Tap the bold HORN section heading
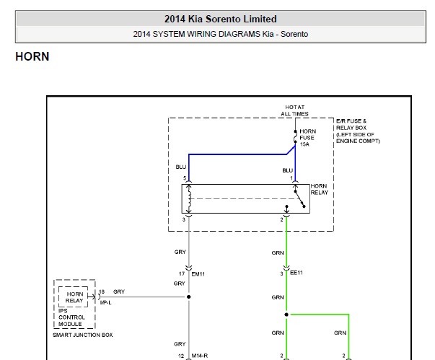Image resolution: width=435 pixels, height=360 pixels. (32, 56)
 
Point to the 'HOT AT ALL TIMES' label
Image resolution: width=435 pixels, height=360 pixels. (295, 110)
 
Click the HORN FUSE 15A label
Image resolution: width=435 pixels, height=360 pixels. (307, 137)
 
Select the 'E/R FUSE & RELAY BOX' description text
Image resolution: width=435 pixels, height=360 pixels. (358, 131)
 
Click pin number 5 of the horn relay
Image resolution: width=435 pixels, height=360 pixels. (185, 177)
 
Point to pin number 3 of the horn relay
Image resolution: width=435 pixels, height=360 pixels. (184, 219)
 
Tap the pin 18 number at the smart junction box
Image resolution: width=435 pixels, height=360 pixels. (102, 291)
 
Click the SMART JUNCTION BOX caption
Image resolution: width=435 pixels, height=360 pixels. (82, 335)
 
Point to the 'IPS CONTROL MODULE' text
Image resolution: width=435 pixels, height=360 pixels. (71, 317)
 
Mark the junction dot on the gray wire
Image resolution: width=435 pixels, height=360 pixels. (189, 297)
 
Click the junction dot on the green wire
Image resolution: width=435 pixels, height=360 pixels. (286, 315)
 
